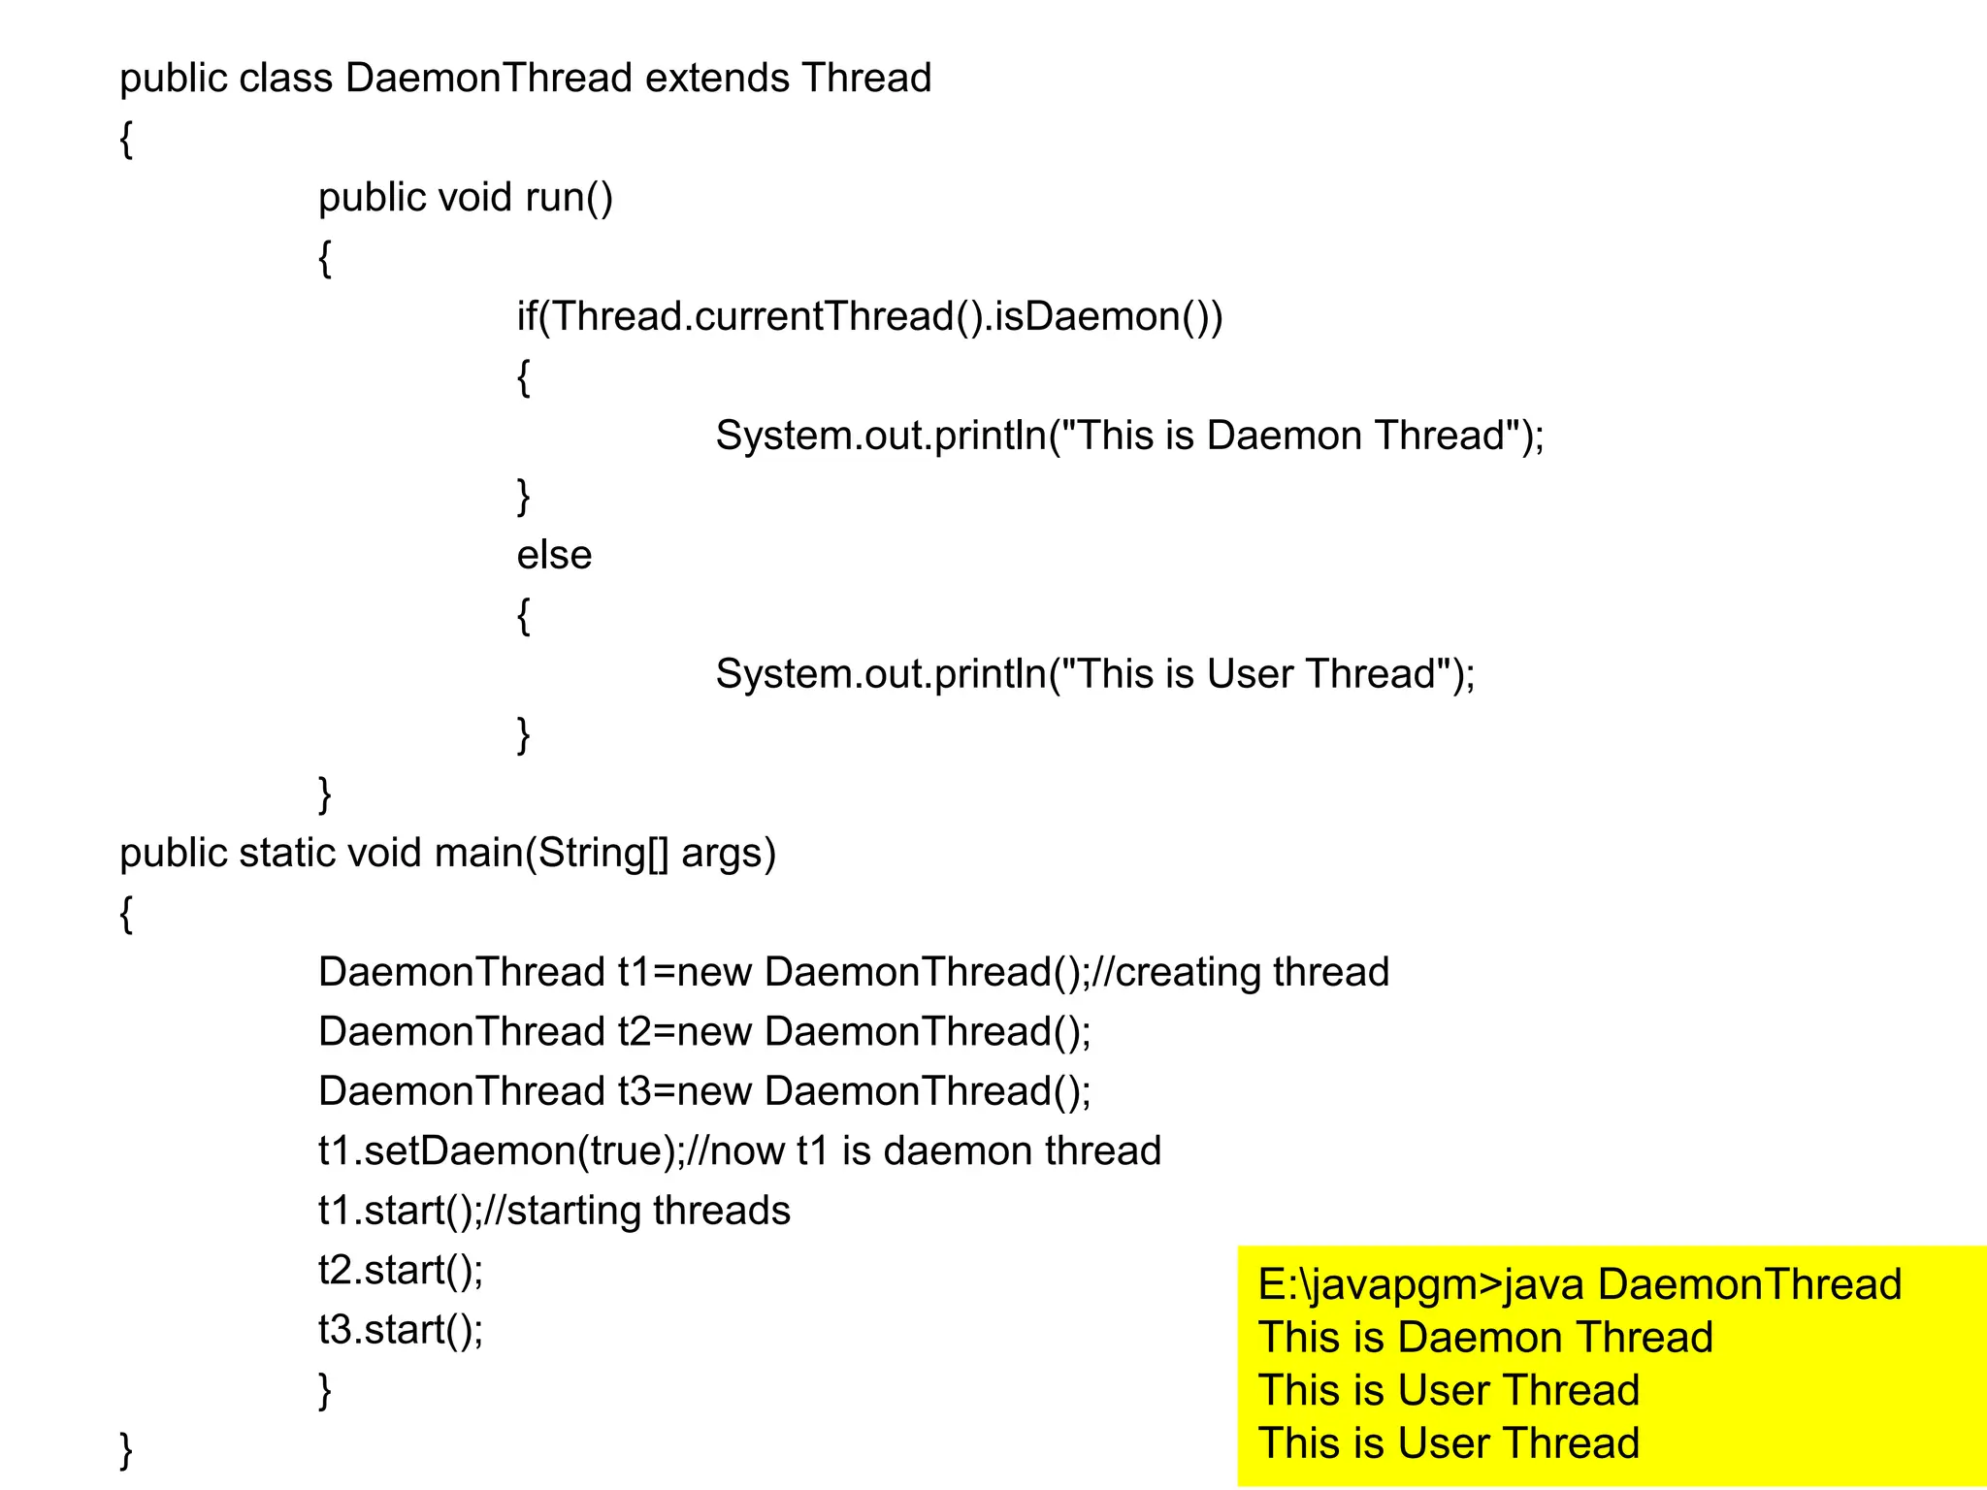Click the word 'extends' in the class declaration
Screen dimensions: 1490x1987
717,78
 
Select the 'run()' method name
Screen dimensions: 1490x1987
569,197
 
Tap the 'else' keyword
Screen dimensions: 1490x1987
553,555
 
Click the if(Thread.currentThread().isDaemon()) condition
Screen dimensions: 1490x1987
869,316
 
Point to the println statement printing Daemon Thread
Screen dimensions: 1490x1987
1129,436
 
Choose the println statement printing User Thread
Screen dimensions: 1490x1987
1094,674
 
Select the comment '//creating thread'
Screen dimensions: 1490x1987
1241,972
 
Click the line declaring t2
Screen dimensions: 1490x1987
704,1031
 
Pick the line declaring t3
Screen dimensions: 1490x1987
704,1091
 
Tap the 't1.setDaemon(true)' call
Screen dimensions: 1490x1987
496,1151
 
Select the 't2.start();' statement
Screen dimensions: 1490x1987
401,1270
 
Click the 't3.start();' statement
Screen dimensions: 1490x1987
401,1330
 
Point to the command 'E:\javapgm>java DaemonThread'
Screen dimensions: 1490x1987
1579,1284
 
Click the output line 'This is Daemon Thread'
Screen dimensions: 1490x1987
1485,1338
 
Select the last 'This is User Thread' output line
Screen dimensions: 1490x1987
1449,1443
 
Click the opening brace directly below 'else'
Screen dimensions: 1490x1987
524,615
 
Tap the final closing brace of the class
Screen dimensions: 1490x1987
126,1449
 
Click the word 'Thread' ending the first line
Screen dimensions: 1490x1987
866,78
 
